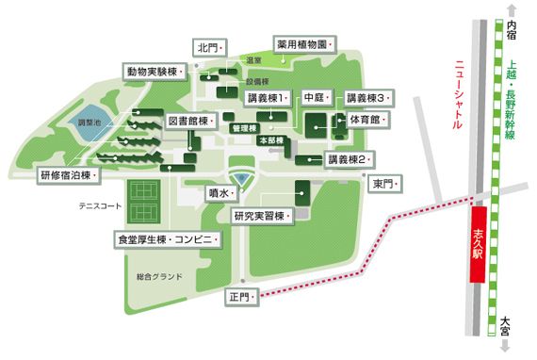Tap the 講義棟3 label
tap(368, 98)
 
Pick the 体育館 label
tap(366, 121)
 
